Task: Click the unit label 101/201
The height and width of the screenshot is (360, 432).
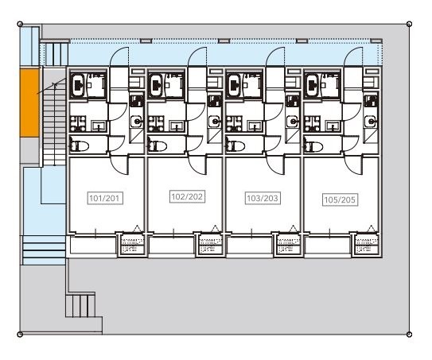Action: click(105, 198)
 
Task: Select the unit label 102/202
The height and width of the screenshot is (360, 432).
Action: click(187, 196)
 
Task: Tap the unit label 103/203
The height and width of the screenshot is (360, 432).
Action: click(263, 198)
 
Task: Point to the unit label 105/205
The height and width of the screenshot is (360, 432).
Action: click(340, 199)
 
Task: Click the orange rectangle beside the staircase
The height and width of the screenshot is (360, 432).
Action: click(29, 103)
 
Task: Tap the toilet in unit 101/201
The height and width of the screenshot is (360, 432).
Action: click(79, 145)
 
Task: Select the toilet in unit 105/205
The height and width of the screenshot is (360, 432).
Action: click(313, 145)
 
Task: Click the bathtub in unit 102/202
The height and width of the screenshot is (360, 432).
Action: click(156, 85)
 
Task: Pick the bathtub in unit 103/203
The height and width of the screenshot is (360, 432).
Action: click(234, 85)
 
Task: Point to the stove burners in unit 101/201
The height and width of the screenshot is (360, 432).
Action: click(78, 124)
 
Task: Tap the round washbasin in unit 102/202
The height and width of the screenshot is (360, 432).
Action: click(214, 121)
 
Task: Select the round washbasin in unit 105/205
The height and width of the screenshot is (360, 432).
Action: click(370, 121)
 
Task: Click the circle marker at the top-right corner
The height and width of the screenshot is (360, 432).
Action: click(410, 24)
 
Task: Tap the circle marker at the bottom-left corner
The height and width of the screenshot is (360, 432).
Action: click(20, 335)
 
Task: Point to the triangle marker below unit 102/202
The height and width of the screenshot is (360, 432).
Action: click(215, 228)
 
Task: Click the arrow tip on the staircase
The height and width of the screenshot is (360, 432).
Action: click(55, 83)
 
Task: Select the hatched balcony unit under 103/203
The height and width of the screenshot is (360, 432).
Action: click(289, 245)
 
